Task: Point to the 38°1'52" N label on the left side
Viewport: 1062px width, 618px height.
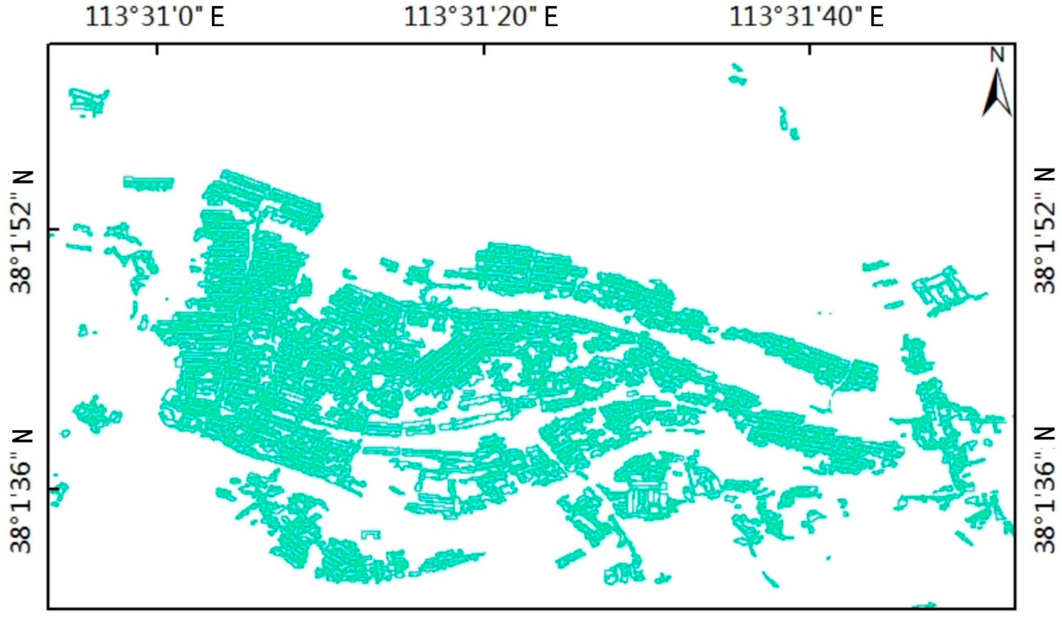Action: point(22,231)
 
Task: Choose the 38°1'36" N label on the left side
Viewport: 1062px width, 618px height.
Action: point(22,488)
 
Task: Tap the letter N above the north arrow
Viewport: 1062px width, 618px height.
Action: point(997,55)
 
